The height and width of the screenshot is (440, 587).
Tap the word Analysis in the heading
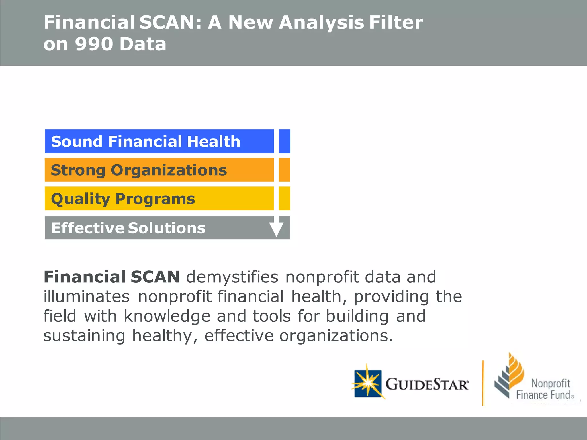coord(321,23)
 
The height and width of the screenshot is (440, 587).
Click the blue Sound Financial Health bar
coord(159,142)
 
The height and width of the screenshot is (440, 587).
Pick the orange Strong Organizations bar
coord(159,170)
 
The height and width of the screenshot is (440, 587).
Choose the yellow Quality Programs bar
coord(159,199)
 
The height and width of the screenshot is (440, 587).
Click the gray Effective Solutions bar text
coord(128,228)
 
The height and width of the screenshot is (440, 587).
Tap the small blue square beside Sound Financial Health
coord(284,142)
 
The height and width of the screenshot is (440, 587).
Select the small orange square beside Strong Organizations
coord(284,170)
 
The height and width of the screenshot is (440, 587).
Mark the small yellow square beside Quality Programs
coord(284,199)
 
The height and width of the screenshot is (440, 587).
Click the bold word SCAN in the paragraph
coord(155,277)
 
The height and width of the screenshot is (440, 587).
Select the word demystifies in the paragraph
coord(232,277)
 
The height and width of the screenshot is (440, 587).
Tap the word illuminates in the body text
coord(87,297)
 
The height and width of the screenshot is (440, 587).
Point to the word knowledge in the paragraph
coord(167,316)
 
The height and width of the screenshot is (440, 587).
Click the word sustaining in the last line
coord(84,336)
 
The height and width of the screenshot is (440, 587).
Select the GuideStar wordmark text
coord(427,384)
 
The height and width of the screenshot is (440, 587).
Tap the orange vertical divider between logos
coord(483,383)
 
